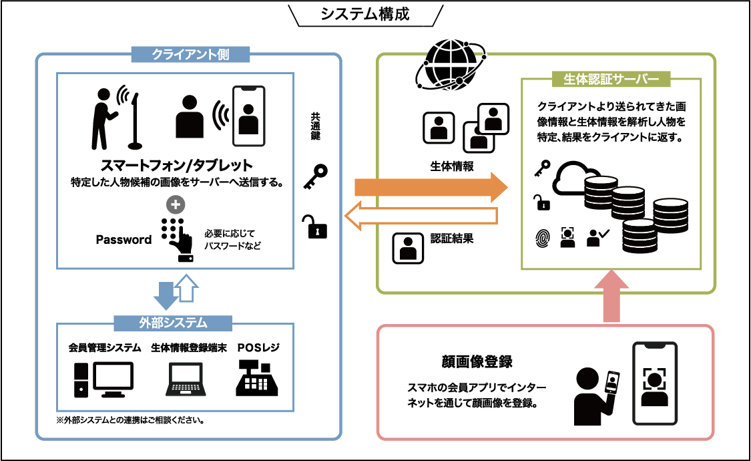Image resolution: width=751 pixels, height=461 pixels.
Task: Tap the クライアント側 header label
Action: (x=181, y=54)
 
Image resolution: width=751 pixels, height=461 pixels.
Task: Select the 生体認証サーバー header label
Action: (x=611, y=79)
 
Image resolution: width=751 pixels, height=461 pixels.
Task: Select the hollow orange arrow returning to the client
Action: (x=421, y=214)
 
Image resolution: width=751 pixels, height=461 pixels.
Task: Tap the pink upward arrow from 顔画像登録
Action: (x=611, y=297)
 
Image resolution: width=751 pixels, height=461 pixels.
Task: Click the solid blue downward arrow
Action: (x=164, y=289)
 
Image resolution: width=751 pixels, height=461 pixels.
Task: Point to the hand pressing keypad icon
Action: (x=176, y=238)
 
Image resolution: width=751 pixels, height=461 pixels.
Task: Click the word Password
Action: (x=124, y=240)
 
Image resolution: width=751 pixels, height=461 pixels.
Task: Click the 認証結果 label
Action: (x=452, y=238)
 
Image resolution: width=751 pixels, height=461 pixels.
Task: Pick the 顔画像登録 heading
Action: (x=477, y=361)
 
